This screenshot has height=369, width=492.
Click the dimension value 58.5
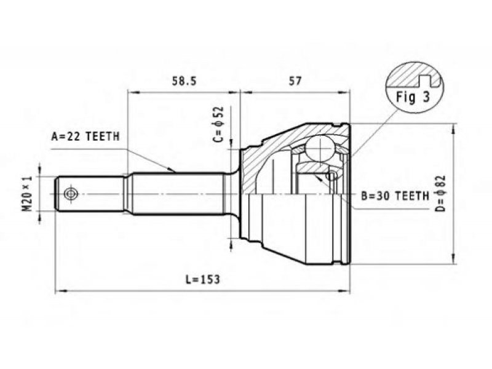pos(184,81)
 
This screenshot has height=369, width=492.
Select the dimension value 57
pos(295,81)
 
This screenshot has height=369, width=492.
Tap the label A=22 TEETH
pos(85,137)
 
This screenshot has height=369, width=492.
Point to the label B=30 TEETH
pos(395,196)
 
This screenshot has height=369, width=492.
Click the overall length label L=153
pos(203,279)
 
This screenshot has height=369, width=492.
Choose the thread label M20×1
pos(28,194)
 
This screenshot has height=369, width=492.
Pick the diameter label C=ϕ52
pos(219,124)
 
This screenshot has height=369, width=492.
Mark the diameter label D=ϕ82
pos(440,193)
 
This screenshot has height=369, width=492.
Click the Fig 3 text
pos(413,97)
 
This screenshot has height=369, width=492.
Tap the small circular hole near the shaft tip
pos(69,194)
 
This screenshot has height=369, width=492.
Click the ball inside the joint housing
pos(320,148)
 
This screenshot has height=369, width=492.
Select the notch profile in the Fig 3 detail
pos(428,81)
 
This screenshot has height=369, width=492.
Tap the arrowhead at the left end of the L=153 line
pos(60,291)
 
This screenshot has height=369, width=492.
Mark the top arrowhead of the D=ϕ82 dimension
pos(453,129)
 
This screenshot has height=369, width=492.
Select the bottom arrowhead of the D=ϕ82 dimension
pos(453,259)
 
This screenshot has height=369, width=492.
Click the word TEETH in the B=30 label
pos(412,196)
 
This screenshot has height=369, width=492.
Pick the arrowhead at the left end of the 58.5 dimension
pos(133,92)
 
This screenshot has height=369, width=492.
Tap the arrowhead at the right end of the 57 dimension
pos(344,92)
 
